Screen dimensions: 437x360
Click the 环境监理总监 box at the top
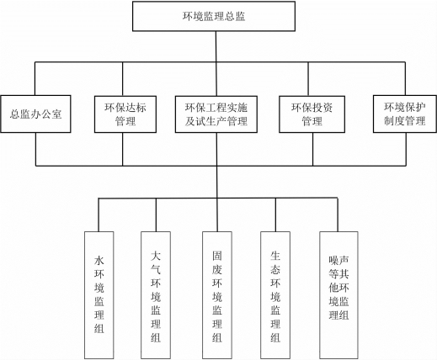214,16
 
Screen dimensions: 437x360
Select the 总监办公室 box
35,114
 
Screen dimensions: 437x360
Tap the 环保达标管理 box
125,114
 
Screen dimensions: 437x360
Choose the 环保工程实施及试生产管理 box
216,114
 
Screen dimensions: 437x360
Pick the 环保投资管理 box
312,114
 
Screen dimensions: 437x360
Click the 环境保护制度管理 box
405,114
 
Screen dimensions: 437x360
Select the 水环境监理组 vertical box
99,295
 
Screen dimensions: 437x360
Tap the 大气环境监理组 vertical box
156,295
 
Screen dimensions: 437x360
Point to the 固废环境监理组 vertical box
217,295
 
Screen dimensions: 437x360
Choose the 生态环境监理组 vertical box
275,295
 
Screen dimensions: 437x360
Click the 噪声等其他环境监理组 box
338,295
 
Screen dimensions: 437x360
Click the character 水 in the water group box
99,261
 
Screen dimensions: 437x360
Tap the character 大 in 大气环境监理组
156,256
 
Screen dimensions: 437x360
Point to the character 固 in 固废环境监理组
217,256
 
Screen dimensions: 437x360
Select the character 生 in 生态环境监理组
275,256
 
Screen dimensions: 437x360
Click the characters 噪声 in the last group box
338,261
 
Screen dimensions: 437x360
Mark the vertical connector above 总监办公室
35,78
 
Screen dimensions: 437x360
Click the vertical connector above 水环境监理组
99,215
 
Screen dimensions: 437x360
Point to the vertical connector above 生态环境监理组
275,215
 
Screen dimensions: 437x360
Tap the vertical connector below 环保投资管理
313,149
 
